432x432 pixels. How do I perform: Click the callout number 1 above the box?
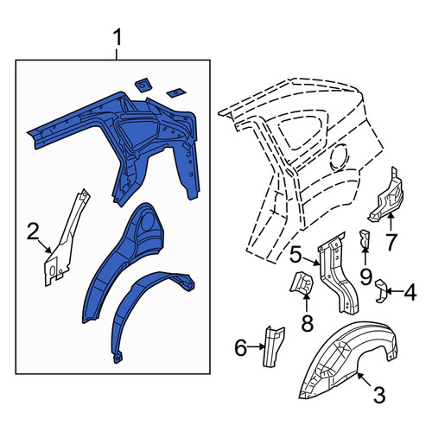pos(118,38)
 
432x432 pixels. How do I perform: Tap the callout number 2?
pos(33,232)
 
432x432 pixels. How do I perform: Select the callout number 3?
pos(379,395)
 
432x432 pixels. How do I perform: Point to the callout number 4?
pos(410,292)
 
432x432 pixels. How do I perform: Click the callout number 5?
pos(296,254)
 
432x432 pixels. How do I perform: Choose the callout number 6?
pos(241,347)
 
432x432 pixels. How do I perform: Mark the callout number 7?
pos(391,242)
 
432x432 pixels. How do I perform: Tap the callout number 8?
pos(307,323)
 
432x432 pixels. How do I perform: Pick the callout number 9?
pos(365,276)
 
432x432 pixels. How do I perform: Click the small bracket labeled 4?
pos(380,290)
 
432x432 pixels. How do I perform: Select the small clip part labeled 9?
pos(365,238)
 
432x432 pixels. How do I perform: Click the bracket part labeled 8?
pos(302,283)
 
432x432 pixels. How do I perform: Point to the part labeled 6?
pos(273,346)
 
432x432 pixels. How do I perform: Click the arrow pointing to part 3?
pos(364,379)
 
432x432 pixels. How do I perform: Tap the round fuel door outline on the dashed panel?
pos(340,156)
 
